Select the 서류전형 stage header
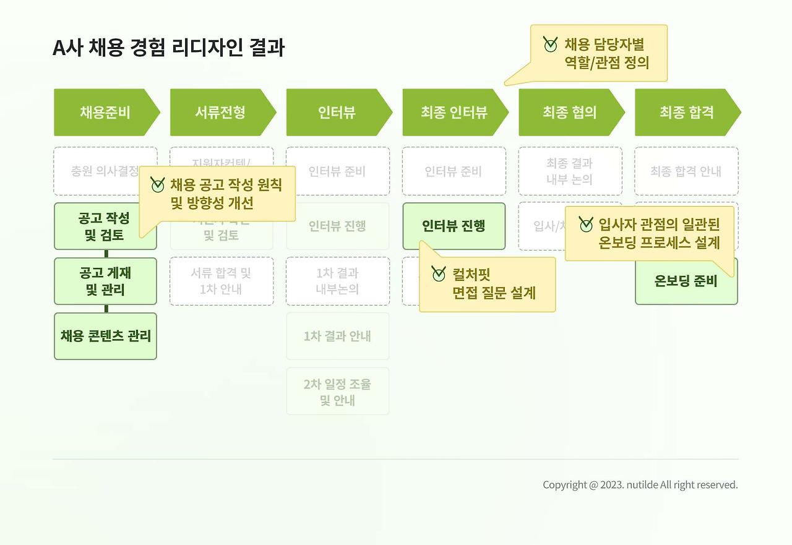point(221,112)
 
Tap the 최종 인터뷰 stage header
point(454,112)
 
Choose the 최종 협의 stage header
point(570,112)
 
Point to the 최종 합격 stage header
point(686,112)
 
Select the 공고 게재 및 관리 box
point(105,281)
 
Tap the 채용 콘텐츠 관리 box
point(105,336)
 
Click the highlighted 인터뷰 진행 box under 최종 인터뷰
point(454,226)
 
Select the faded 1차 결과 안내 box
point(337,336)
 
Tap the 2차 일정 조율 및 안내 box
point(337,392)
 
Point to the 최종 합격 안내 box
point(686,171)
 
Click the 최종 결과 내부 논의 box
point(570,171)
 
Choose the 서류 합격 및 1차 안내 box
point(221,281)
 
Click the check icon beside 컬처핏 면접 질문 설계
point(439,273)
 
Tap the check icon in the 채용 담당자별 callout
point(550,45)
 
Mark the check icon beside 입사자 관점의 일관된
point(585,225)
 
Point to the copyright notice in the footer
point(640,485)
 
